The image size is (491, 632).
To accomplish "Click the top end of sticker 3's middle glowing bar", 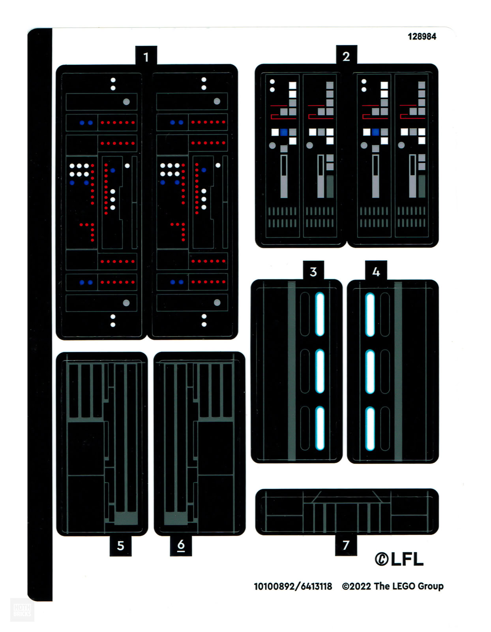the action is pos(320,350).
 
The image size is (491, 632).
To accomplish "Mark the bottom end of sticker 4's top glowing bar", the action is pos(370,336).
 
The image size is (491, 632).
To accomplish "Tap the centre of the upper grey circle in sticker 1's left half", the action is pos(126,102).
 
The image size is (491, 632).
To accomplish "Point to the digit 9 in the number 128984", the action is pos(422,37).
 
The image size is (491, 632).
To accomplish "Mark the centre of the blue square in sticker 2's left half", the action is pos(284,132).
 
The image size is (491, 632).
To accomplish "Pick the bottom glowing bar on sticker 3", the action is pos(320,428).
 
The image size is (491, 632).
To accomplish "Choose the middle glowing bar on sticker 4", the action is pos(370,372).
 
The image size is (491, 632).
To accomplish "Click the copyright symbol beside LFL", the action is pos(381,559).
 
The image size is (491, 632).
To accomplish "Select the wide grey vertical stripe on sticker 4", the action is pos(398,371).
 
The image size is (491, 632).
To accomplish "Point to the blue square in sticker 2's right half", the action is pos(375,132).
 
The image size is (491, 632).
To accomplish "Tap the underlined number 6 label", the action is pos(181,545).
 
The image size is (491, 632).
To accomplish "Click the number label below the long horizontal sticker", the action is pos(346,545).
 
